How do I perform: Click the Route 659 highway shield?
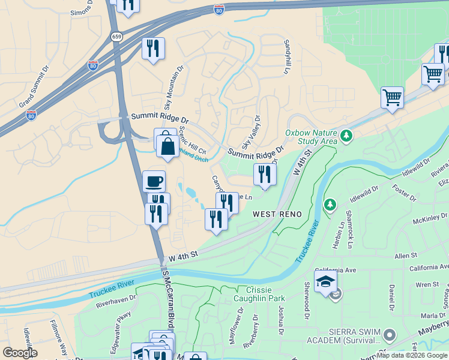pos(116,37)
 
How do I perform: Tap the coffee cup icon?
pos(154,181)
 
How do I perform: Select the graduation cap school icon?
pos(325,281)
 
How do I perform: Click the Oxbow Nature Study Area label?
pos(311,137)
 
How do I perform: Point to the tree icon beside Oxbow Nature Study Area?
pos(346,137)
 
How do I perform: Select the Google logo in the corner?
pos(20,353)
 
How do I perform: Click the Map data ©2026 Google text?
pos(412,355)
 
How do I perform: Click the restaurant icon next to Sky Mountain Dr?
pos(153,47)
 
